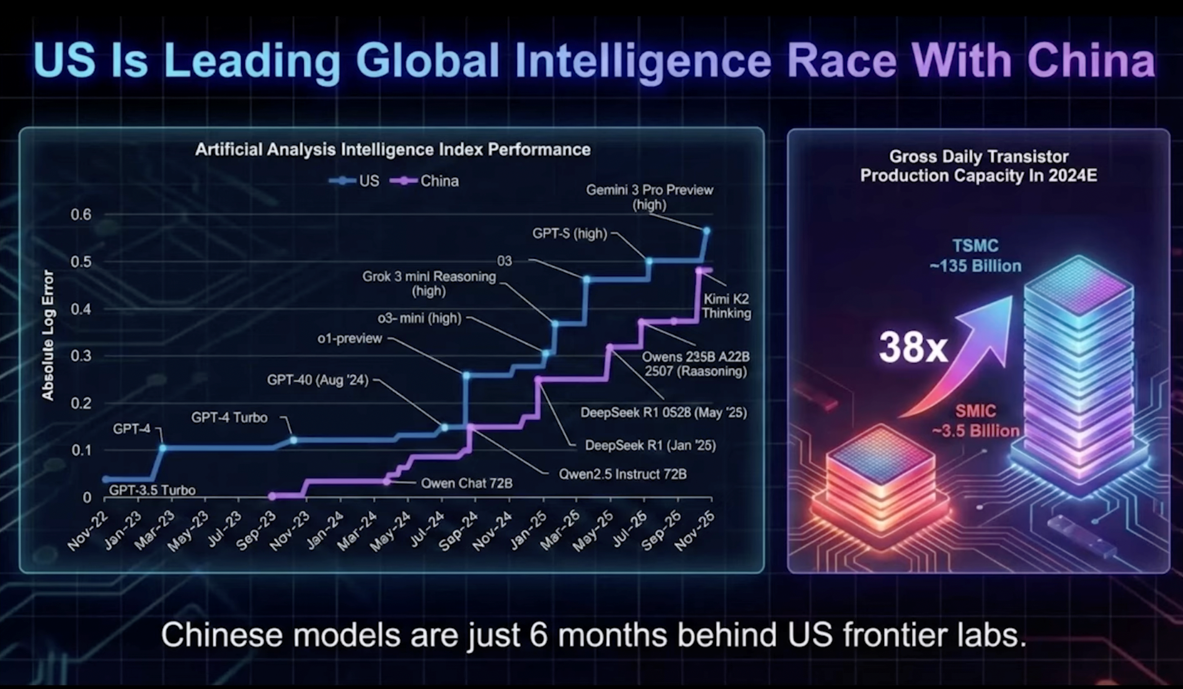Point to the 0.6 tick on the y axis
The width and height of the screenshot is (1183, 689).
point(81,215)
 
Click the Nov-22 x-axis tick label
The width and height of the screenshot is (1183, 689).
point(87,531)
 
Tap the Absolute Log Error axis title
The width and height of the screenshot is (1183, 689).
point(48,335)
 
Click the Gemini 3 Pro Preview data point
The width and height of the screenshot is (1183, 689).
point(706,231)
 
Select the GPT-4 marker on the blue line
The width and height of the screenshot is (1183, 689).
point(162,447)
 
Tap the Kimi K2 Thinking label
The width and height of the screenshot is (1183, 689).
point(726,306)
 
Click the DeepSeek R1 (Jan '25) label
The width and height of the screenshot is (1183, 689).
point(650,445)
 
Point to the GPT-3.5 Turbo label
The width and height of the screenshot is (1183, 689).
point(152,490)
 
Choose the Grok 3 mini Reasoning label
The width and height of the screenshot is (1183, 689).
point(429,284)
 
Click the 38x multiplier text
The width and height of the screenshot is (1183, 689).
point(913,347)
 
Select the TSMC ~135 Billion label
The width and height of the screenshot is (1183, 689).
point(975,256)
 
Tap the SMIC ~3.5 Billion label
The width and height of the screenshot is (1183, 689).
point(975,421)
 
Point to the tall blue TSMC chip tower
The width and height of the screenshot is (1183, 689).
point(1079,372)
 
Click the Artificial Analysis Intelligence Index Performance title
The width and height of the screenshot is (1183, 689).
point(392,149)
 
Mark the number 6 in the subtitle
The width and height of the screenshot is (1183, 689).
point(538,635)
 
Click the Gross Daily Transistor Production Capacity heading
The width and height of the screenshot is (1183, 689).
point(978,166)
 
